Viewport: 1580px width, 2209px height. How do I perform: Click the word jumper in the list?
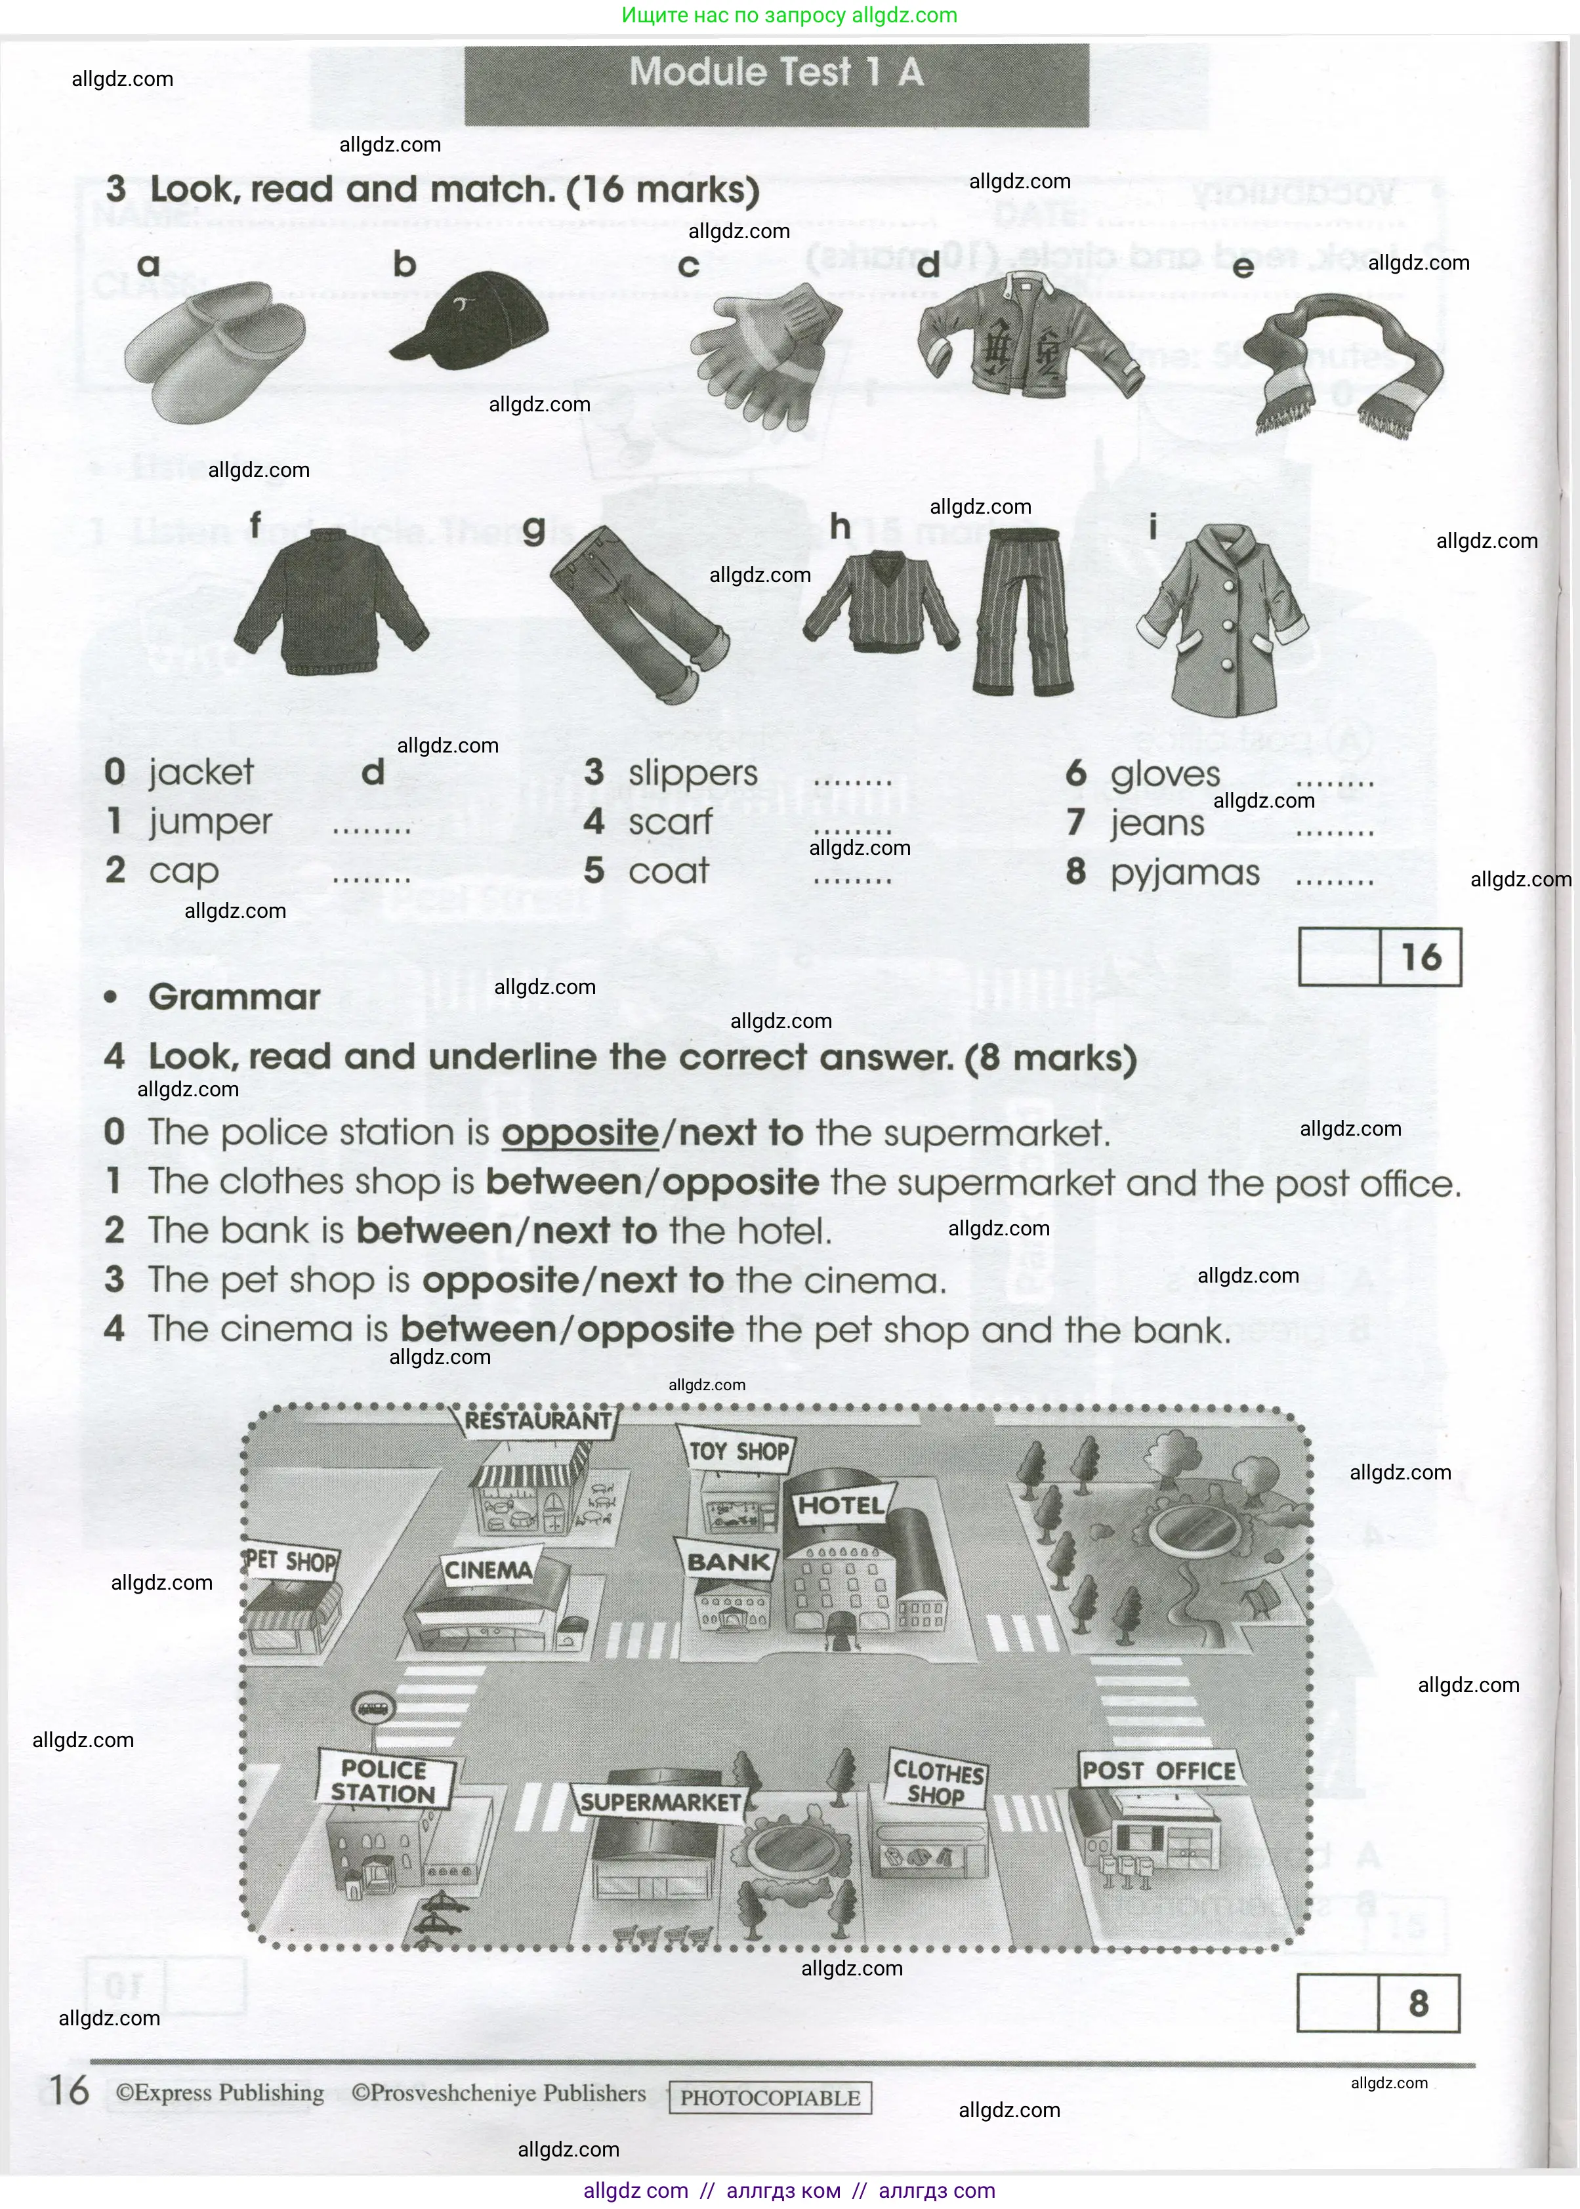point(210,823)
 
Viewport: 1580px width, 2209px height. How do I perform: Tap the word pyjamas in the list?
point(1185,873)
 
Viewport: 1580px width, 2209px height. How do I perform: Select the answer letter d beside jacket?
point(373,772)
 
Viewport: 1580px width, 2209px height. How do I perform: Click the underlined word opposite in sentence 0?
point(580,1133)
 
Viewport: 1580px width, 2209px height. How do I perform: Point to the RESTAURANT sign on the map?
point(537,1421)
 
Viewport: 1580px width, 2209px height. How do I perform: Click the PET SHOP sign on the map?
point(290,1562)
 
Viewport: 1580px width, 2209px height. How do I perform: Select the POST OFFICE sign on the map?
point(1157,1770)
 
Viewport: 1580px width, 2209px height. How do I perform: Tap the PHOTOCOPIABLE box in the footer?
point(770,2098)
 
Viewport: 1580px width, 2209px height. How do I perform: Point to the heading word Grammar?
point(234,997)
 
